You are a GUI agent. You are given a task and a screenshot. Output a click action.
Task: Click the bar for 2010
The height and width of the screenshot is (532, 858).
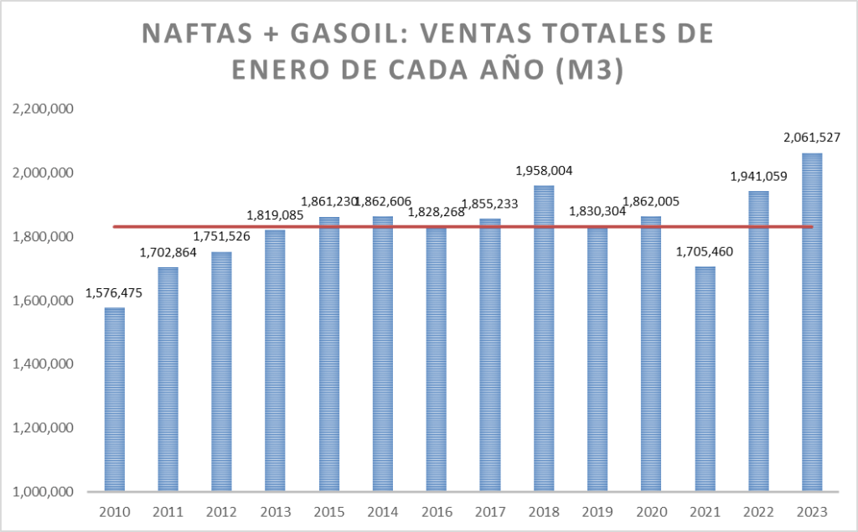pyautogui.click(x=114, y=400)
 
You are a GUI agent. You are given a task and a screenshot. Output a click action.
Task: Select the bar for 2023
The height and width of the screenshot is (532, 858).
pyautogui.click(x=812, y=323)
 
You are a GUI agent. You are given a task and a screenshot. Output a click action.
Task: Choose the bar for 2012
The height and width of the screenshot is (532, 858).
pyautogui.click(x=221, y=372)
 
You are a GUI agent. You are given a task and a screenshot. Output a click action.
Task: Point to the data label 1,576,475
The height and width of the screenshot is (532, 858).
pyautogui.click(x=114, y=294)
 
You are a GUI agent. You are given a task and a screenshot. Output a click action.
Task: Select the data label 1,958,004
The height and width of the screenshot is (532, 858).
pyautogui.click(x=544, y=171)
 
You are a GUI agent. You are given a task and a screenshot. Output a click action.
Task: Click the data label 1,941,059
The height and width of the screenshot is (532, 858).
pyautogui.click(x=758, y=177)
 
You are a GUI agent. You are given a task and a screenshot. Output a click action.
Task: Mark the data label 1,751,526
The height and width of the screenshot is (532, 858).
pyautogui.click(x=221, y=237)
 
